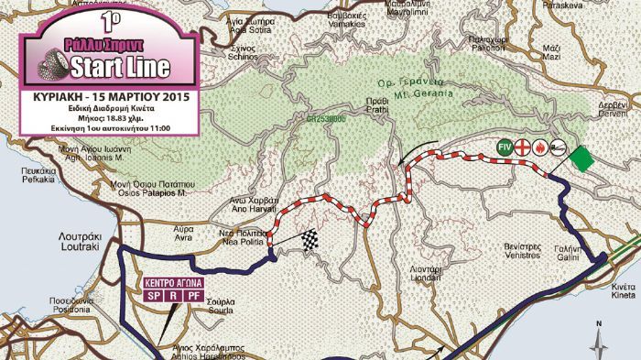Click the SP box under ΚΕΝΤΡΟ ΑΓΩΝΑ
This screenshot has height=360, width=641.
tap(152, 296)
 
